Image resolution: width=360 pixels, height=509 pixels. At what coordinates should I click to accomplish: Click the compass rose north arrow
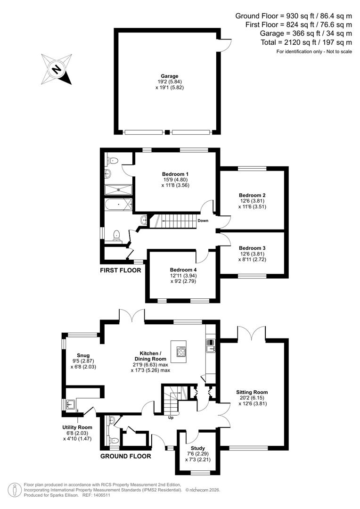[57, 70]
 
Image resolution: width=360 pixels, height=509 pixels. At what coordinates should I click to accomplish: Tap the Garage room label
[169, 75]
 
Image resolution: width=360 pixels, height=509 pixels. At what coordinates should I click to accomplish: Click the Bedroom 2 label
[252, 195]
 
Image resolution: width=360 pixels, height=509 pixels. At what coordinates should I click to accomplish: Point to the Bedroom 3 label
[252, 248]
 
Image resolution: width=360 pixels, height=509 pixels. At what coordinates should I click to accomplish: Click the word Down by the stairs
[203, 221]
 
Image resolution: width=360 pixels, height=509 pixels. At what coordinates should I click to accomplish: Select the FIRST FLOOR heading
[120, 271]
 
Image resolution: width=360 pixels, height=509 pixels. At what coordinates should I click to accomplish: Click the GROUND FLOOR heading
[126, 456]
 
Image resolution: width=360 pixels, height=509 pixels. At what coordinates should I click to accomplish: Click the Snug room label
[83, 355]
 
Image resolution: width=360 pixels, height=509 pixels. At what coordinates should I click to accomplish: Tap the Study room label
[198, 448]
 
